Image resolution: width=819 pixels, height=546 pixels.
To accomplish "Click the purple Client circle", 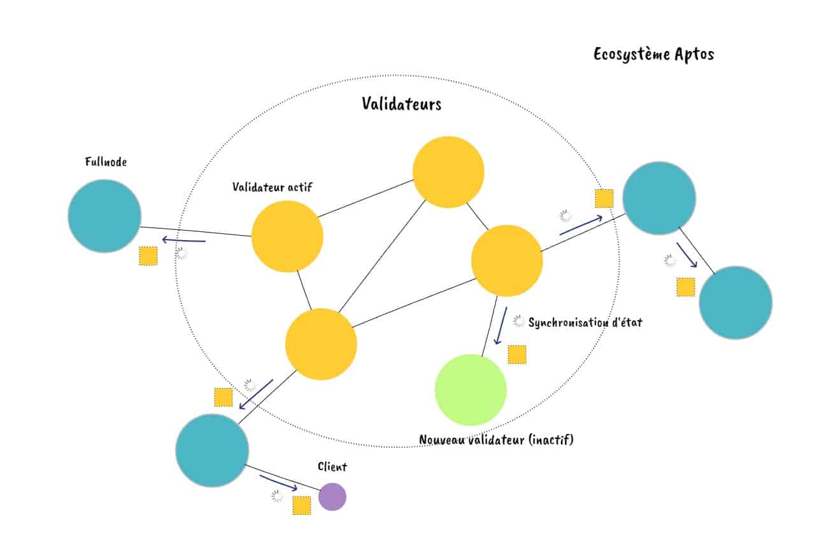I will [332, 496].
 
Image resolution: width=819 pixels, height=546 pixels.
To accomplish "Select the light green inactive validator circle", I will [471, 390].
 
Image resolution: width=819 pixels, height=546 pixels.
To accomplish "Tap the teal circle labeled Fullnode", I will [104, 216].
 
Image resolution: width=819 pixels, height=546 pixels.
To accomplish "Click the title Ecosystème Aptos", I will [653, 54].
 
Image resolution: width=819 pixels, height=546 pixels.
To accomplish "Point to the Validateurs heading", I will [401, 104].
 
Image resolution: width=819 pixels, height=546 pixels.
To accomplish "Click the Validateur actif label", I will [273, 187].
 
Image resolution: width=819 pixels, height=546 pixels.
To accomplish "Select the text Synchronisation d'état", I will [585, 322].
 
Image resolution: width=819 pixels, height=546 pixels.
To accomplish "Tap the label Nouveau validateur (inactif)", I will [496, 440].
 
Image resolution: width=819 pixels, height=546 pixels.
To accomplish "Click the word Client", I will [332, 467].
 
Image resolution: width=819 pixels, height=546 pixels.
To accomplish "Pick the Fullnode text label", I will [106, 162].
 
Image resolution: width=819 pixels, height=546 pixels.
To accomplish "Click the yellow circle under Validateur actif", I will [287, 236].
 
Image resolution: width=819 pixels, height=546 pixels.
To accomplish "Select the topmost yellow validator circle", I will [448, 172].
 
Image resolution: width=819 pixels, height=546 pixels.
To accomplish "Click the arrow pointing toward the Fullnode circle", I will [183, 240].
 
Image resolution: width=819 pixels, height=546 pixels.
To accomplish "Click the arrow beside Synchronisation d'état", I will [501, 326].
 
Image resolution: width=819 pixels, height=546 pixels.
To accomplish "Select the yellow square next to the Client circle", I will [301, 505].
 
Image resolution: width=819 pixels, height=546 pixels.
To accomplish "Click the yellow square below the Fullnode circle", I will [148, 256].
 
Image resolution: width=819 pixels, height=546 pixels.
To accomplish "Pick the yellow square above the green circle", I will [517, 354].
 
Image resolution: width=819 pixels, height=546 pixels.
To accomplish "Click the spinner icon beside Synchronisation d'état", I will [519, 322].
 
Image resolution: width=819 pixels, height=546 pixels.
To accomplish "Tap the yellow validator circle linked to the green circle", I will [507, 260].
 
